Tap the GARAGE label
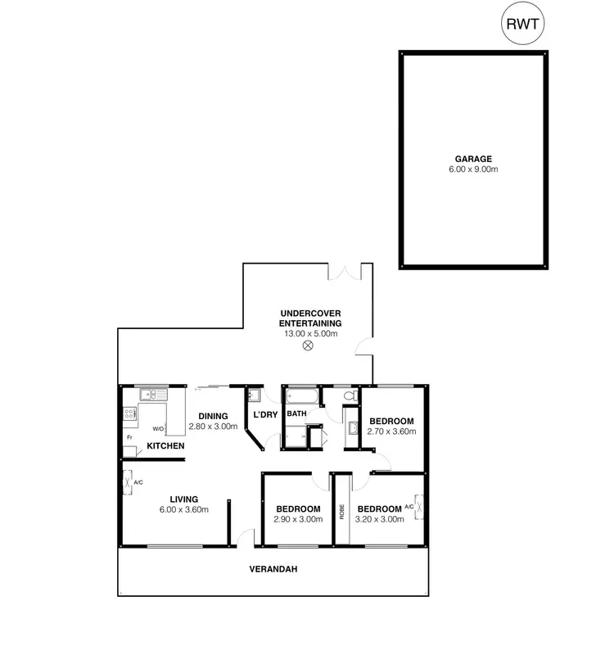tap(474, 159)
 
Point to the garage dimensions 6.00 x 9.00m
tap(474, 169)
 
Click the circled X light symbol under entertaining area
tap(309, 346)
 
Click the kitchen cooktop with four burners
tap(129, 413)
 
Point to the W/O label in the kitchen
tap(158, 428)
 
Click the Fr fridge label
tap(129, 436)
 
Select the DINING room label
tap(212, 416)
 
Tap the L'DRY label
tap(264, 414)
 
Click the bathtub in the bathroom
tap(300, 395)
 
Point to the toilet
tap(350, 396)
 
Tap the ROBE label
tap(341, 510)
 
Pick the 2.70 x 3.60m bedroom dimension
tap(392, 431)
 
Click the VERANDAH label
tap(273, 569)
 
